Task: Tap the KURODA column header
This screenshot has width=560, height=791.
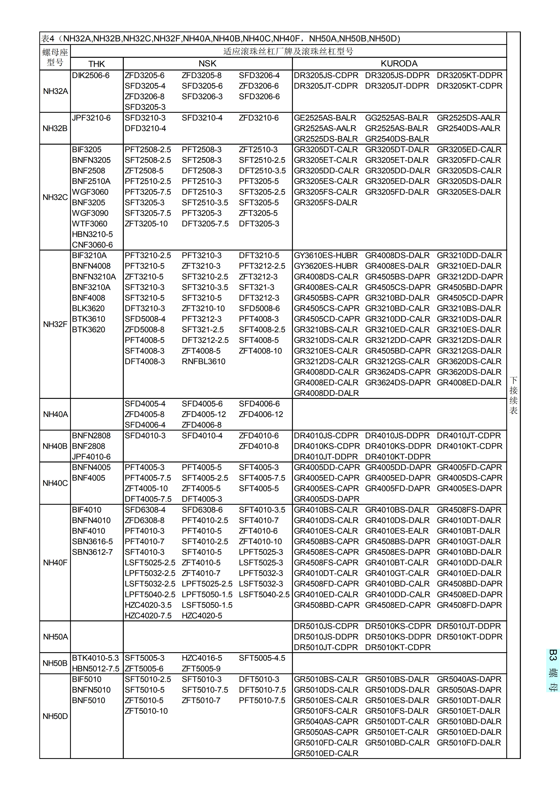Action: (x=399, y=63)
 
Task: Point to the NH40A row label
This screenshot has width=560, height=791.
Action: (x=55, y=414)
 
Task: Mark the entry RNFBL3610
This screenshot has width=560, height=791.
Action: (x=203, y=361)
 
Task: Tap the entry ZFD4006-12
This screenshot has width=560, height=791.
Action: (x=261, y=414)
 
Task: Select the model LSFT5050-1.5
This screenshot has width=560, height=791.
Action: (x=207, y=605)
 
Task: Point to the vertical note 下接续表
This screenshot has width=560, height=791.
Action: (x=513, y=395)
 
